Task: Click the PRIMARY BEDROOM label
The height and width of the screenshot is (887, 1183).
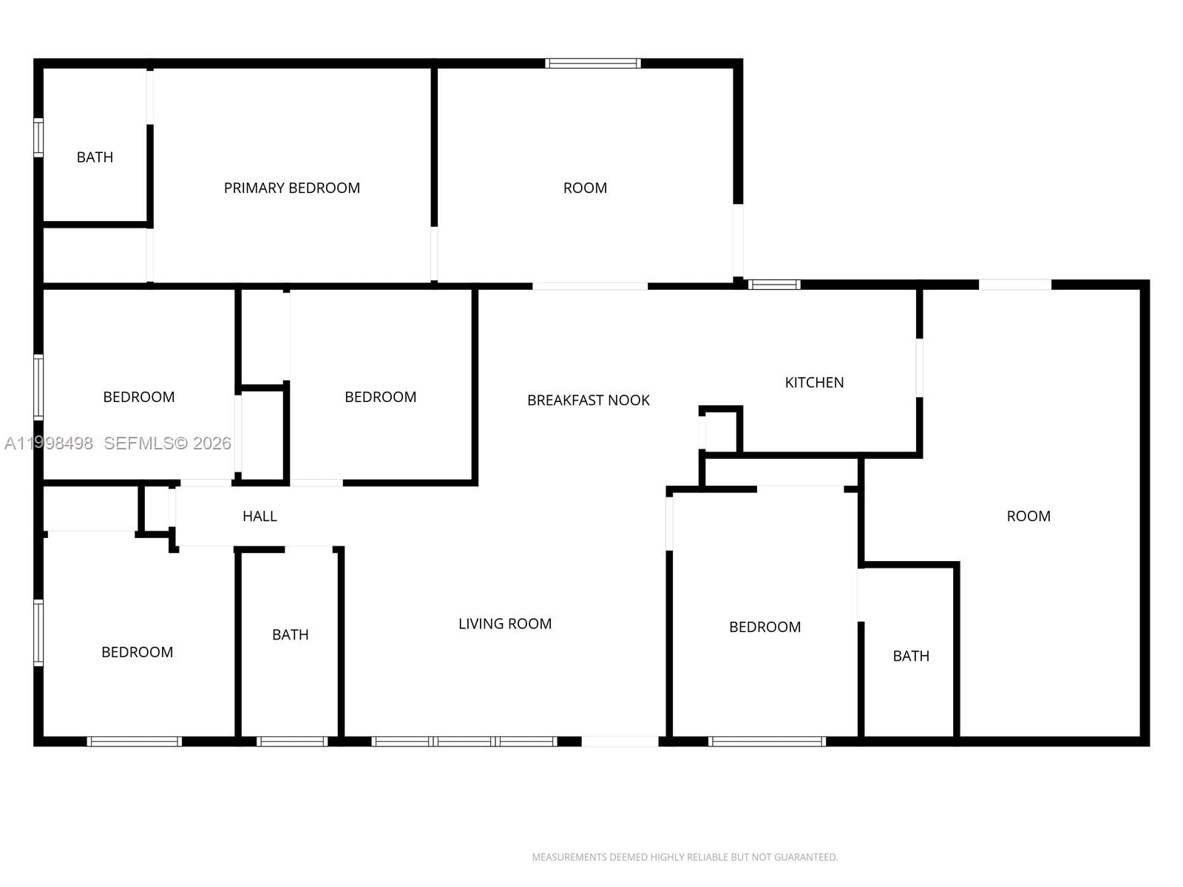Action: click(x=291, y=188)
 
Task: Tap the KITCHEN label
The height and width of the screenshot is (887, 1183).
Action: click(x=814, y=382)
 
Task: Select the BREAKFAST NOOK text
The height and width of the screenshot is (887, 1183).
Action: click(x=588, y=400)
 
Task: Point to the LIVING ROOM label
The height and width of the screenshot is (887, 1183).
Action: click(x=504, y=624)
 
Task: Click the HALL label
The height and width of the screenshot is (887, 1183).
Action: click(x=260, y=516)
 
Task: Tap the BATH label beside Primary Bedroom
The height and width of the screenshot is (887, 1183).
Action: click(x=95, y=157)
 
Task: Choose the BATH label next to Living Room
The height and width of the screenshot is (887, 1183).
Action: click(x=290, y=634)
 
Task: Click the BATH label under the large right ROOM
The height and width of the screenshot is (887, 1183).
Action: click(x=911, y=656)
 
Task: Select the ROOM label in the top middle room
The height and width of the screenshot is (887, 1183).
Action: click(x=585, y=188)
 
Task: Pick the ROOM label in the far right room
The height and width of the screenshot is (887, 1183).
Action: click(x=1028, y=516)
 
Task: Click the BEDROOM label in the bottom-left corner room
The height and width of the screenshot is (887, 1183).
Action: click(x=137, y=652)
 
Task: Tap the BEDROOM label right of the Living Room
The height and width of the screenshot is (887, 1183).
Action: click(x=765, y=627)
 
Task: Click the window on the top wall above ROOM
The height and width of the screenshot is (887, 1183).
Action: click(x=593, y=64)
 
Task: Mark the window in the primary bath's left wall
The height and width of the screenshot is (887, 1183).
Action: click(x=38, y=137)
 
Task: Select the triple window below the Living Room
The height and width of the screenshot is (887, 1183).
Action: click(x=464, y=741)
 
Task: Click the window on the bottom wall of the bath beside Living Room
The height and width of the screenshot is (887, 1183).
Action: click(x=292, y=741)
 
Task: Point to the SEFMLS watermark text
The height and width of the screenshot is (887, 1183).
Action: click(x=167, y=443)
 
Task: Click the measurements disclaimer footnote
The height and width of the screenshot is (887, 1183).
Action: click(x=685, y=857)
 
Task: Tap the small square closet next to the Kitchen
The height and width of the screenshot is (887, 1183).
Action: click(x=719, y=430)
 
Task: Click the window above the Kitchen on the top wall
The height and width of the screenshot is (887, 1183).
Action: click(x=773, y=285)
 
